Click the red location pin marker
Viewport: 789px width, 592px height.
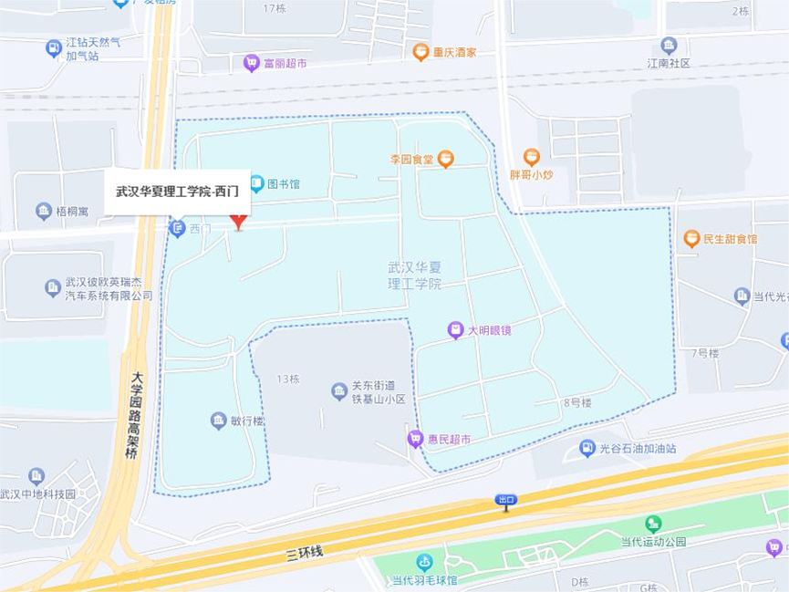point(238,222)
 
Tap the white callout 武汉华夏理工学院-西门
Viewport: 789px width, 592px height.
point(177,192)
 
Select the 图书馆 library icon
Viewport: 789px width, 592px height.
point(257,183)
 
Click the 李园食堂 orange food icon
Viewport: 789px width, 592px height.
point(446,159)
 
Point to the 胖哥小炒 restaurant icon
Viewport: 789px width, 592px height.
point(532,157)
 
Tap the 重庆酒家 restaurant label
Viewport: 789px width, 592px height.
point(454,52)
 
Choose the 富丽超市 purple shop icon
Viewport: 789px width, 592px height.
point(252,63)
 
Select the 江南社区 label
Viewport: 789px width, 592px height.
point(669,63)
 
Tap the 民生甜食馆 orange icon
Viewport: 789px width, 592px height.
point(692,238)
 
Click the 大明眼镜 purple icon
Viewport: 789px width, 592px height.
point(456,329)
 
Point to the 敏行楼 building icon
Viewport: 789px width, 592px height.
point(218,421)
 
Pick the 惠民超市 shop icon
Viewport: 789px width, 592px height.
point(415,439)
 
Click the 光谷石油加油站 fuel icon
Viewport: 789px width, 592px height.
point(587,448)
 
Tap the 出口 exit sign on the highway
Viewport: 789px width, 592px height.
point(506,500)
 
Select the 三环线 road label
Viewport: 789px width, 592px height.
point(304,552)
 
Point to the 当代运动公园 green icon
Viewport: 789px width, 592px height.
point(653,524)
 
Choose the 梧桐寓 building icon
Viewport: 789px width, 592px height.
point(44,212)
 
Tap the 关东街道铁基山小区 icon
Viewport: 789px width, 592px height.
point(339,391)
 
